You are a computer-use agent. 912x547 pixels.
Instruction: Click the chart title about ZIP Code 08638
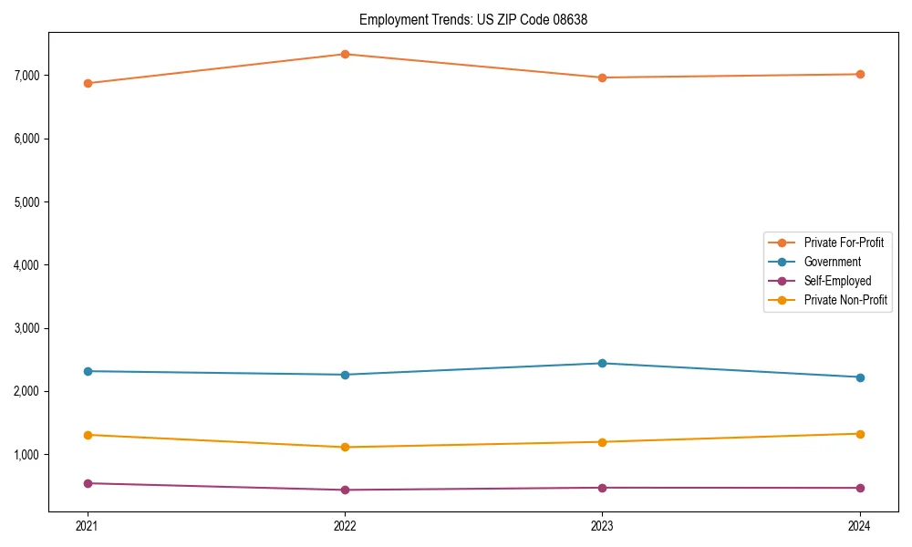[x=472, y=19]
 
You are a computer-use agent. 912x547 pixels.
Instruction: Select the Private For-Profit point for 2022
[x=345, y=54]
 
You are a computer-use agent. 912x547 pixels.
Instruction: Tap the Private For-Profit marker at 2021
[x=88, y=83]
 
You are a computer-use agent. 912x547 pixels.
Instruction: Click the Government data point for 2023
[x=602, y=363]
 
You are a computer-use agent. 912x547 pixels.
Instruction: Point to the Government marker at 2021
[x=88, y=371]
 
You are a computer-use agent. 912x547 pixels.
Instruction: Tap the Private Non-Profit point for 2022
[x=345, y=447]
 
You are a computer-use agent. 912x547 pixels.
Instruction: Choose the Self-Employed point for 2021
[x=88, y=483]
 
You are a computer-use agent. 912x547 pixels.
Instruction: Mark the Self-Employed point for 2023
[x=602, y=488]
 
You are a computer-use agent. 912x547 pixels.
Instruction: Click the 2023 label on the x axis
[x=602, y=526]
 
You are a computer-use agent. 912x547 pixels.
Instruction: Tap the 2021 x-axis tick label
[x=88, y=526]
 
